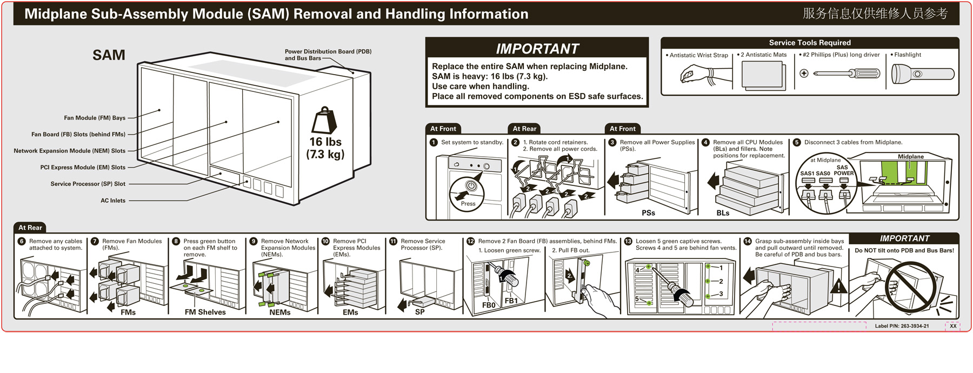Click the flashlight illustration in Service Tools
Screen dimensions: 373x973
(922, 74)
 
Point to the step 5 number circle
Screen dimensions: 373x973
(797, 143)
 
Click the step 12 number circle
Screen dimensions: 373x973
(470, 242)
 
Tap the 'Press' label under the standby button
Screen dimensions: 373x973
(468, 204)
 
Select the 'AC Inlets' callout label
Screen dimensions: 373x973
(113, 201)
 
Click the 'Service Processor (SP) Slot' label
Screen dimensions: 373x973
(88, 184)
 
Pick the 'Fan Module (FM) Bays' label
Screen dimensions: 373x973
(95, 118)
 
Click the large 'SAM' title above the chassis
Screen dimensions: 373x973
(109, 55)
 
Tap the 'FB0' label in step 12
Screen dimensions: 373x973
(489, 305)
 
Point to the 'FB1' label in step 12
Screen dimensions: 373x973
(511, 301)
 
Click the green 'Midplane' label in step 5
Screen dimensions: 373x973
(911, 157)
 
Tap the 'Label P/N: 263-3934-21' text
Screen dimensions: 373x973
(902, 326)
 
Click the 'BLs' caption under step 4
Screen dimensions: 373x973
(723, 213)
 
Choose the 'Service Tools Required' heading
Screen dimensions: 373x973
(810, 43)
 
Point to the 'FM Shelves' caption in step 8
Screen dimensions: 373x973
(205, 312)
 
